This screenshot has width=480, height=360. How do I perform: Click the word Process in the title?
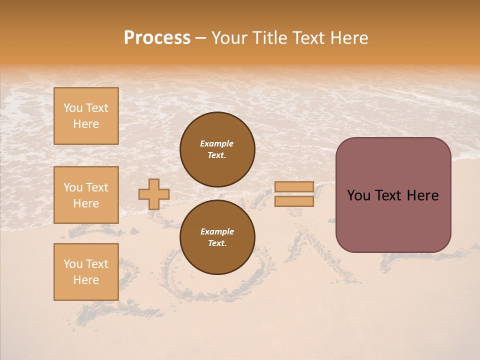pos(157,38)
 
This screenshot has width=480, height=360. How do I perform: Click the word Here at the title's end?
pos(347,38)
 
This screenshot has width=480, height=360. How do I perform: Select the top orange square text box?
pos(86,116)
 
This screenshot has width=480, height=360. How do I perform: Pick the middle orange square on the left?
pos(86,195)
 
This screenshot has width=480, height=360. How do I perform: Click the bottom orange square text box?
pos(86,272)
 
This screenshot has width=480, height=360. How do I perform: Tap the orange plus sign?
pos(154,194)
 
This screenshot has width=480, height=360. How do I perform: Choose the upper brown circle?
pos(217,149)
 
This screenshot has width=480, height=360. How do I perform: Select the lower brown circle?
pos(217,237)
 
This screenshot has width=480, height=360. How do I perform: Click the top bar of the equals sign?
pos(294,186)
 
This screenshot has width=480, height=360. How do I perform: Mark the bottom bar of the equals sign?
pos(294,201)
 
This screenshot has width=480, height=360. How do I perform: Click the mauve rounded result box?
pos(393,195)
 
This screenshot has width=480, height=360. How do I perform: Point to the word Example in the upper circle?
pos(217,143)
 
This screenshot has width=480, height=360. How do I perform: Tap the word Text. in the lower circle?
pos(217,243)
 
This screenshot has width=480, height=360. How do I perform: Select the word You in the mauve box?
pos(358,195)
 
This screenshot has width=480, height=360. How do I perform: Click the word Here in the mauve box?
pos(422,195)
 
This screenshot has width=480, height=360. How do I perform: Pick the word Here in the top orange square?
pos(86,124)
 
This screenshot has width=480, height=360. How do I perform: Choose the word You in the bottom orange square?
pos(73,264)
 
